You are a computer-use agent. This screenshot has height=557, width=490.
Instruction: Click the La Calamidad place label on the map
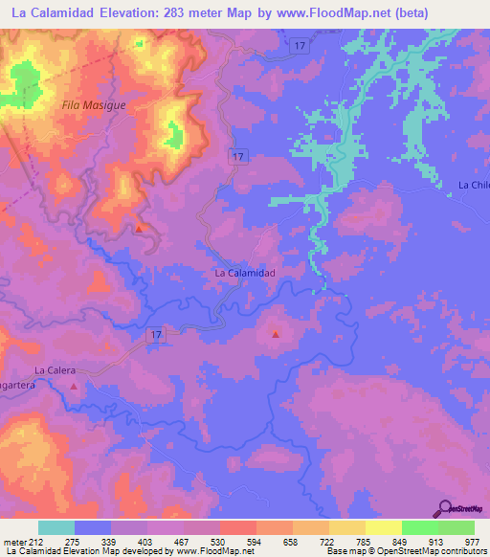[245, 273]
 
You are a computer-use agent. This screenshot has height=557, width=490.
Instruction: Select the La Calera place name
[55, 369]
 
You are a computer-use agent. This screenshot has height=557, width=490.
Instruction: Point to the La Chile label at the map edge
[473, 185]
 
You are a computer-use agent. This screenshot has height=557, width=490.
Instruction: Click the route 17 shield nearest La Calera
[158, 335]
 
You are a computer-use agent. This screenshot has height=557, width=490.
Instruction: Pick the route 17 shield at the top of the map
[300, 46]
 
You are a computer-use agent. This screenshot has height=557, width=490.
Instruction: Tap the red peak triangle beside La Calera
[75, 386]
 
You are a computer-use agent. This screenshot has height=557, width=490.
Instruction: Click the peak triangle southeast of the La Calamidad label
[276, 335]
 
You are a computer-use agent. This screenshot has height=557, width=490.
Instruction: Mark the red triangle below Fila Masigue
[140, 229]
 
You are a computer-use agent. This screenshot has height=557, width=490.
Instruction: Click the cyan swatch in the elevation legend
[56, 527]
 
